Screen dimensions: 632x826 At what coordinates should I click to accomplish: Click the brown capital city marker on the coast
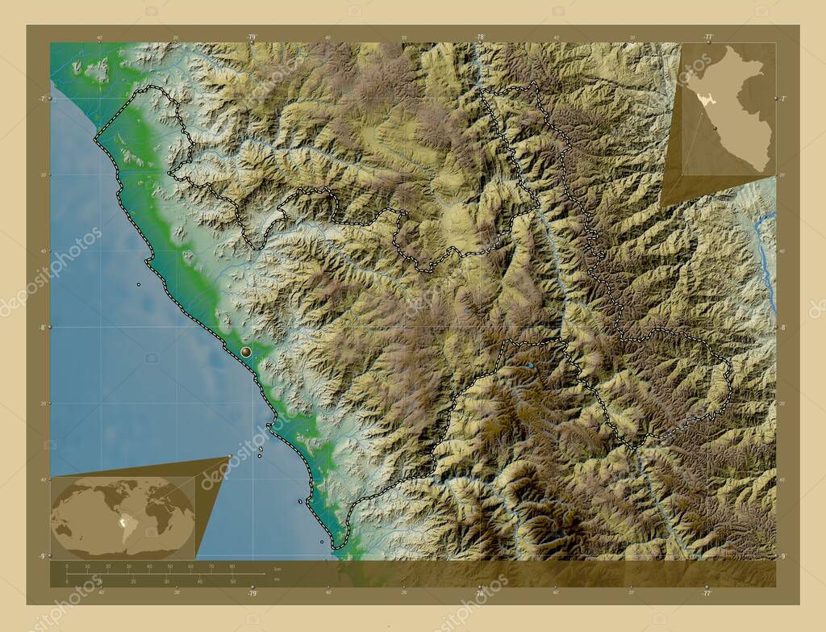coord(246,352)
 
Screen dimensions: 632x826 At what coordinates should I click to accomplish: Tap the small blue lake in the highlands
coord(530,366)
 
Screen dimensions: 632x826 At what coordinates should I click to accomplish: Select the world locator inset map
coord(123,517)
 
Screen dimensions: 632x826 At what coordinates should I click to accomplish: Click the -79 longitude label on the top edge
coord(252,37)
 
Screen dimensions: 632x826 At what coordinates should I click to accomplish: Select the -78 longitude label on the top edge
coord(480,37)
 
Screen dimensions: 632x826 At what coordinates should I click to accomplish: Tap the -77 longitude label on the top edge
coord(707,37)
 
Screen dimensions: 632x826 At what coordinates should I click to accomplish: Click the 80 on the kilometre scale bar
coord(232,567)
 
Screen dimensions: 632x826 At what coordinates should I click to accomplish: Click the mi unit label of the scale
coord(277,579)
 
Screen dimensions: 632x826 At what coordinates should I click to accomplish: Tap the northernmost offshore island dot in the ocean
coord(139,284)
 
